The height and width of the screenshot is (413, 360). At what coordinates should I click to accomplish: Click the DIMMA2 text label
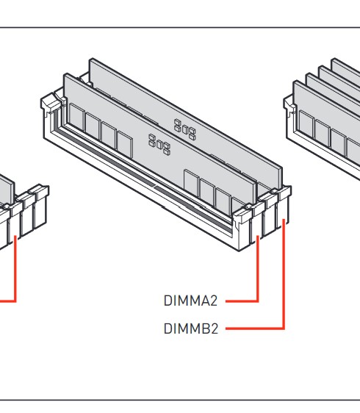point(190,301)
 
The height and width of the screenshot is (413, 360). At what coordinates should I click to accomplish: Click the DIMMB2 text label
point(191,328)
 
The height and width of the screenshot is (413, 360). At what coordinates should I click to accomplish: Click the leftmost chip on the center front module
point(76,118)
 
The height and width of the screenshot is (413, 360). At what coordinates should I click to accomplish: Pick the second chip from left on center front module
point(93,126)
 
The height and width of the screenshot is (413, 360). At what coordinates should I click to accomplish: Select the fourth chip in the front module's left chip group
point(125,144)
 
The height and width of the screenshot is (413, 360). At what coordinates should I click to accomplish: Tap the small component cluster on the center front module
point(159,144)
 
